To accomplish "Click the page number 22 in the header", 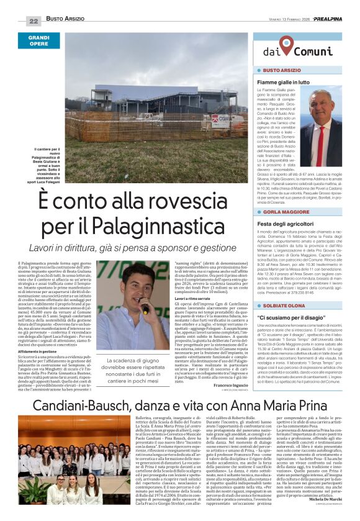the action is tap(34, 20).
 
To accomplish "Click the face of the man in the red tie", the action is tap(322, 103).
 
